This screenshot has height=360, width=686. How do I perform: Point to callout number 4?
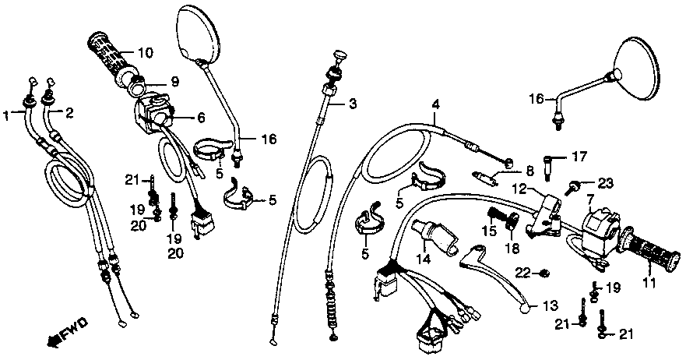coord(436,104)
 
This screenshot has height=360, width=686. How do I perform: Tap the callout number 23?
coord(606,183)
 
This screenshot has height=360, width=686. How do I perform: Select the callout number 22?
coord(523,272)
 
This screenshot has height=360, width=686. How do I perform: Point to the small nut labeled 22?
coord(544,272)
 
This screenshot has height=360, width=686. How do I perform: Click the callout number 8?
coord(529,171)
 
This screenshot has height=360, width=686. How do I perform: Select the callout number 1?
coord(8,115)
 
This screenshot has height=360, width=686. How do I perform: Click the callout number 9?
coord(173,80)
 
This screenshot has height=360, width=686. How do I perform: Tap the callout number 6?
coord(200,118)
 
